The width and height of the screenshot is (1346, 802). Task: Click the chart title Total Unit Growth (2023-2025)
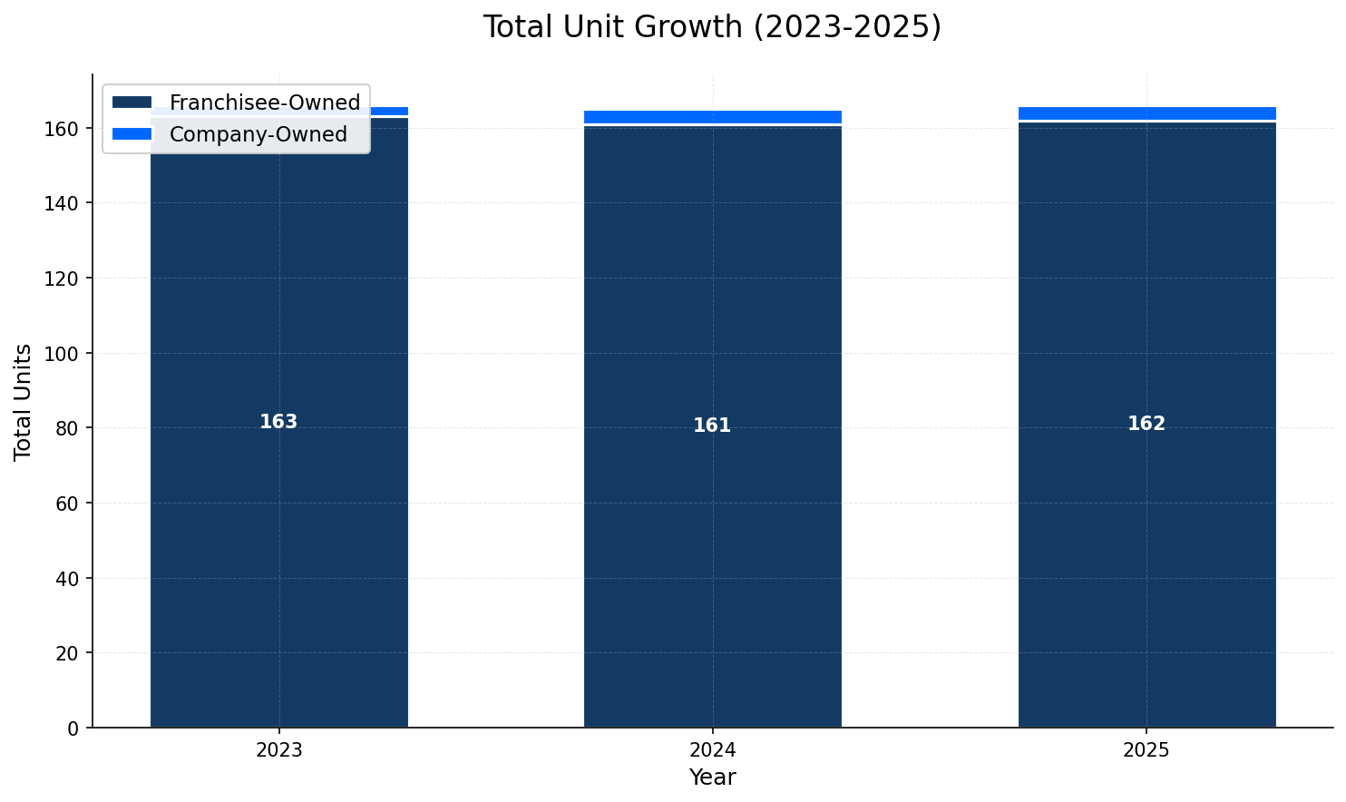click(712, 27)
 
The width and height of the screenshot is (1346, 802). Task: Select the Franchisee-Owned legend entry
click(264, 103)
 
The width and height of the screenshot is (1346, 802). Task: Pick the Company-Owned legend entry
click(258, 134)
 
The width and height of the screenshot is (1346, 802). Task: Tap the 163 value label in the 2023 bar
click(278, 422)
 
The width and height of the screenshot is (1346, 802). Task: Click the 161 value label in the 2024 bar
click(712, 425)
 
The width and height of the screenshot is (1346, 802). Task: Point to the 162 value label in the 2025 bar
click(1146, 424)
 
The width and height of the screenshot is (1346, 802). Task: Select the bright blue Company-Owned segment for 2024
click(712, 117)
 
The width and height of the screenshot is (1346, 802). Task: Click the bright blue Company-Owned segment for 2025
click(1146, 113)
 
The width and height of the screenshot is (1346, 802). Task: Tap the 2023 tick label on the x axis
click(278, 750)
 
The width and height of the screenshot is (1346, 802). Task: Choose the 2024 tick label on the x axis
click(712, 750)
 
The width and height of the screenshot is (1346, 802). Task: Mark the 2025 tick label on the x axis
click(1146, 750)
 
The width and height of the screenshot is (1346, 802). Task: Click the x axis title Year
click(712, 778)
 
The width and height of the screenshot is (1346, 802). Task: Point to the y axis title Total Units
click(24, 401)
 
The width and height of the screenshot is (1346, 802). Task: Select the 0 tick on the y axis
click(73, 728)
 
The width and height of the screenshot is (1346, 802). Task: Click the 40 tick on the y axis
click(68, 578)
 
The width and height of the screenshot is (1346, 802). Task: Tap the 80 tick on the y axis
click(68, 428)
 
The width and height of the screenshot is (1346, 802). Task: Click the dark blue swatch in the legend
click(132, 103)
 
